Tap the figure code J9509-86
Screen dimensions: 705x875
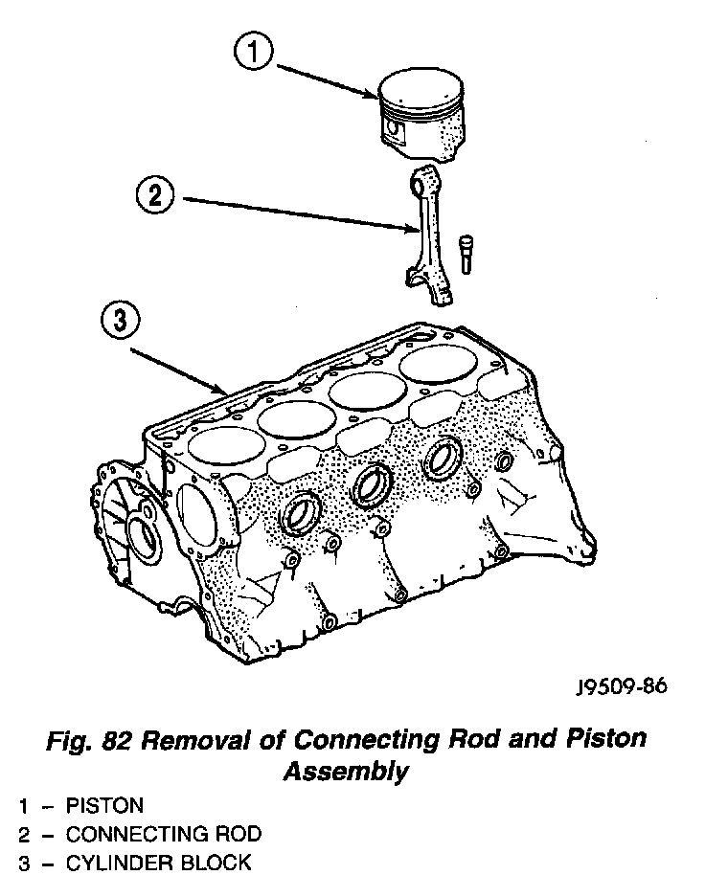pos(622,686)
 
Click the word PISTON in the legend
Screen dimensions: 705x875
pos(104,805)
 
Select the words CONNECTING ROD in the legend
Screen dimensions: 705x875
pos(163,834)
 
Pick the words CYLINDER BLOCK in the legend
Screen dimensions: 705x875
pos(158,863)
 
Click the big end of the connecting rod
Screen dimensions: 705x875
pos(427,285)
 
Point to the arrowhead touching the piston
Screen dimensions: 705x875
pos(376,94)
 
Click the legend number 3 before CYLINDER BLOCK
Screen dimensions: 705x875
pos(23,863)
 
